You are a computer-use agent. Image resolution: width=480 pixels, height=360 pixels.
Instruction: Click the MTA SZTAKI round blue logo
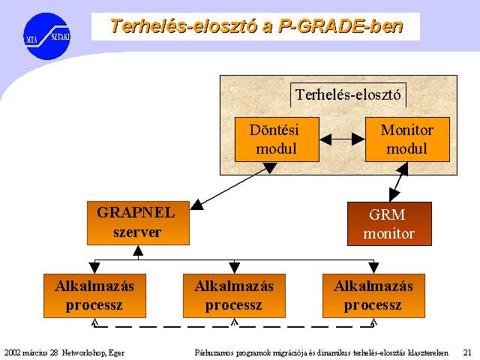point(46,36)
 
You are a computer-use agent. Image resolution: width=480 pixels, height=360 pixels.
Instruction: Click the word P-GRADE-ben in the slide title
point(340,26)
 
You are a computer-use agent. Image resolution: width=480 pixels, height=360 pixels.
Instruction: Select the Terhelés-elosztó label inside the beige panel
point(348,94)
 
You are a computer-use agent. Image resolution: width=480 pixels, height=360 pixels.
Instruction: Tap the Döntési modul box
point(277,139)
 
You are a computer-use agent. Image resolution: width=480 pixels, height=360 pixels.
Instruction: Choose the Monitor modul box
point(407,139)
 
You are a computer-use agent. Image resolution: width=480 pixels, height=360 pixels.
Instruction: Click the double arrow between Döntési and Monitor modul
point(342,139)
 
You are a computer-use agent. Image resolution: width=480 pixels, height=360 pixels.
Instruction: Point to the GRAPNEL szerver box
point(138,223)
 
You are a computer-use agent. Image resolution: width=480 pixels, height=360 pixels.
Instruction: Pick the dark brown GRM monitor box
point(389,223)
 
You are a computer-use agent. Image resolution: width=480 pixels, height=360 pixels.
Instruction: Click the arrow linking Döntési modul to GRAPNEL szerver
point(233,186)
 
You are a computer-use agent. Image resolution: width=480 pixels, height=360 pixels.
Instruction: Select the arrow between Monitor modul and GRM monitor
point(398,181)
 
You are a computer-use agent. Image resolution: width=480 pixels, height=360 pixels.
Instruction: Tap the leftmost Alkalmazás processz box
point(95,295)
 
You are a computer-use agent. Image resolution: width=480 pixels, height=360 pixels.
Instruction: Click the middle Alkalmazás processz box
point(234,295)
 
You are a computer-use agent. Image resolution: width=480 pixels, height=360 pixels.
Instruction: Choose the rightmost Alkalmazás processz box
point(373,295)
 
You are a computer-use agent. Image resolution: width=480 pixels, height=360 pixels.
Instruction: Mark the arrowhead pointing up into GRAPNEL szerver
point(138,250)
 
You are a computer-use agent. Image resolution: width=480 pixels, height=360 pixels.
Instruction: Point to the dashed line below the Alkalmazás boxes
point(234,327)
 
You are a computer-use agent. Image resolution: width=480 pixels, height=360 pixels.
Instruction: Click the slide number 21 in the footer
point(467,352)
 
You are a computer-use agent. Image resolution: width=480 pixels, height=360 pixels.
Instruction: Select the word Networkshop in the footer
point(84,353)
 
